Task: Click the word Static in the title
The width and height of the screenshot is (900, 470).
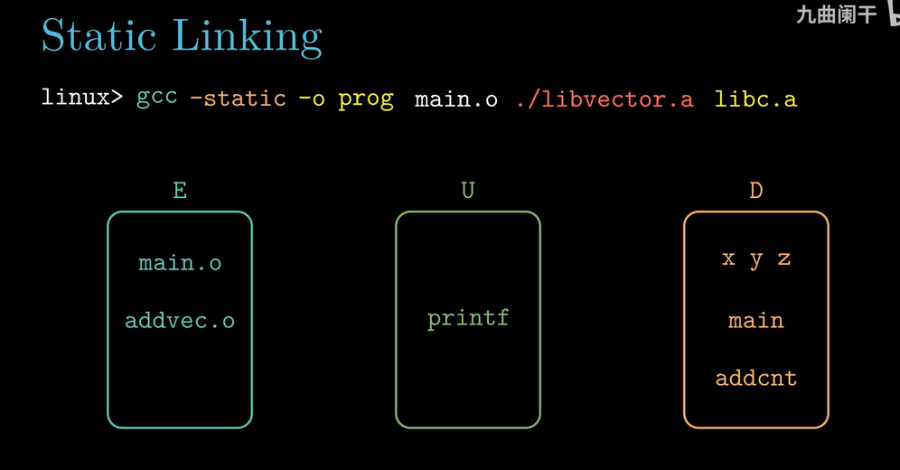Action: coord(97,36)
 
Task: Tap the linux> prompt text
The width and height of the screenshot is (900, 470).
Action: coord(82,98)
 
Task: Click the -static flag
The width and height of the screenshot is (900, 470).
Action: coord(238,98)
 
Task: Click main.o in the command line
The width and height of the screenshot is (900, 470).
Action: coord(455,99)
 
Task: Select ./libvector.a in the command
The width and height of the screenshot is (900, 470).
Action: coord(605,99)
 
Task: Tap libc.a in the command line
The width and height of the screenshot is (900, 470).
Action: coord(755,99)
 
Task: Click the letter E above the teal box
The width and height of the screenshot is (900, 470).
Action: coord(179,191)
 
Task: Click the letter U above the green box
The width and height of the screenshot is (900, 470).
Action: coord(467,191)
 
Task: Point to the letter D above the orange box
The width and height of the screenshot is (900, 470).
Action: coord(755,191)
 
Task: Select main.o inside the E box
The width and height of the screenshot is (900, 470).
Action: coord(180,263)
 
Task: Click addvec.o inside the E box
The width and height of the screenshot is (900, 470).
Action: coord(180,320)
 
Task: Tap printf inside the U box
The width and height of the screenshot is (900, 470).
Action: coord(467,318)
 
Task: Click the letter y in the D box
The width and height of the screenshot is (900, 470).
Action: coord(756,259)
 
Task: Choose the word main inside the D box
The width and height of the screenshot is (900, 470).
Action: coord(755,320)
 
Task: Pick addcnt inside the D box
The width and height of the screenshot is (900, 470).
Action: coord(755,378)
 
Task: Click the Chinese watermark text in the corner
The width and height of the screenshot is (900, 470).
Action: coord(835,14)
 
